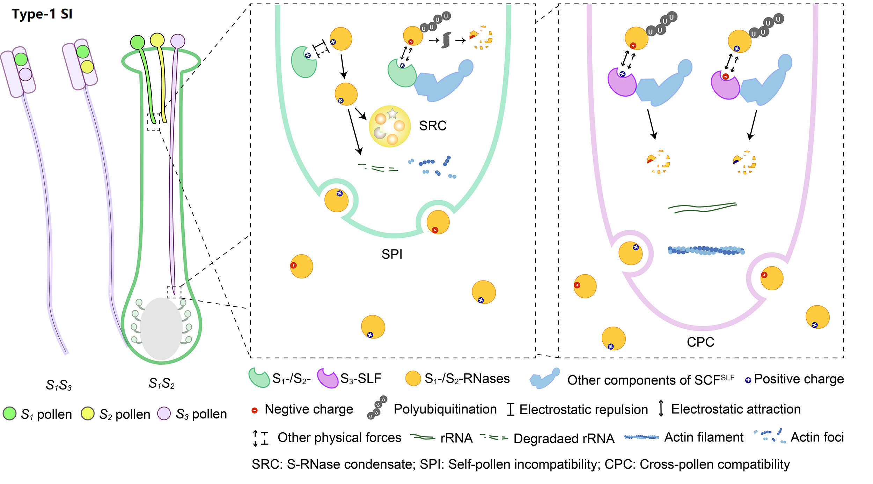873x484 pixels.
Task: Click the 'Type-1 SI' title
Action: click(x=42, y=14)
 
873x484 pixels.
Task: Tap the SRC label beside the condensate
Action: click(x=433, y=126)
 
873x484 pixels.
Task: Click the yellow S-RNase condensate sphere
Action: click(x=390, y=126)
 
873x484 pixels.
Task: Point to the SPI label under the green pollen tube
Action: click(x=392, y=254)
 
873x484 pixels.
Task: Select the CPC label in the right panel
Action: click(x=700, y=342)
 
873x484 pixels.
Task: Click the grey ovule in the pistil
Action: click(x=161, y=328)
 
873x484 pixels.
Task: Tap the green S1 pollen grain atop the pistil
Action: click(x=138, y=42)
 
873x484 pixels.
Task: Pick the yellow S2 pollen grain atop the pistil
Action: click(x=157, y=40)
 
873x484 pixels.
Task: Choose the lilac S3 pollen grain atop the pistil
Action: click(x=178, y=41)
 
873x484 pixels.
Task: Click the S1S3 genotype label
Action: click(x=59, y=385)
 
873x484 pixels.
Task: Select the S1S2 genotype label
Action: click(x=161, y=384)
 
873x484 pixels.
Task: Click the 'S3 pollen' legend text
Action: click(x=201, y=414)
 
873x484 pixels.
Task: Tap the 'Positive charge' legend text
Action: click(x=799, y=379)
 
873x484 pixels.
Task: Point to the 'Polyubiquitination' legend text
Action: click(x=445, y=409)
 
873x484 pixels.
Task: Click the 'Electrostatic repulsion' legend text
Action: click(x=583, y=409)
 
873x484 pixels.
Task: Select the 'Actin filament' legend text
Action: click(x=704, y=437)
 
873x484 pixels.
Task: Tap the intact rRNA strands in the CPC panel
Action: click(x=702, y=208)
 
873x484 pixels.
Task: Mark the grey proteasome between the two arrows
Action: click(x=446, y=40)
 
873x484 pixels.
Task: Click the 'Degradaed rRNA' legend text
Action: click(x=564, y=438)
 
